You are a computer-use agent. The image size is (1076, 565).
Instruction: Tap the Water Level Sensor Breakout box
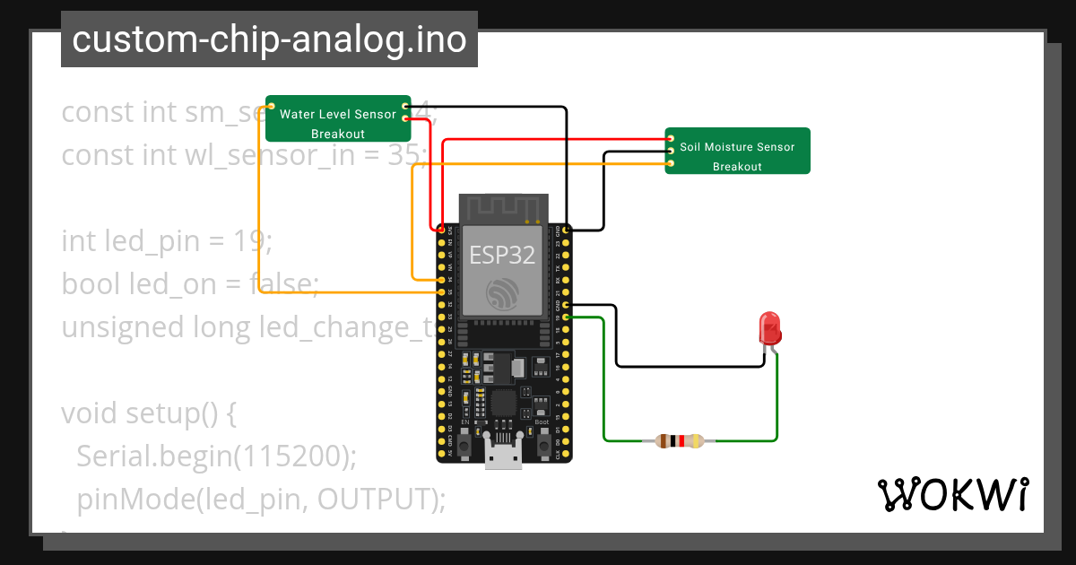tap(338, 118)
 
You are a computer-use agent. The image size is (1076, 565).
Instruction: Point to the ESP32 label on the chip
tap(502, 255)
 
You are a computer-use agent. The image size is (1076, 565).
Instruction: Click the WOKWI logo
tap(951, 494)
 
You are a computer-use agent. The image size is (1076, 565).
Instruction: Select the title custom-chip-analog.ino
tap(269, 39)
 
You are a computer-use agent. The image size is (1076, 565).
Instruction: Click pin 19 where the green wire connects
tap(567, 317)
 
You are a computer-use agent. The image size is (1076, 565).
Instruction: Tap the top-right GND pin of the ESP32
tap(567, 230)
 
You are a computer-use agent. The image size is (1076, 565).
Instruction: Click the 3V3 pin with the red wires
tap(441, 230)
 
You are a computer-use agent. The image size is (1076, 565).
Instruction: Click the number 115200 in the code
tap(288, 456)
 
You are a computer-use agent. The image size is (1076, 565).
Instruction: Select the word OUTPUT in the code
tap(376, 499)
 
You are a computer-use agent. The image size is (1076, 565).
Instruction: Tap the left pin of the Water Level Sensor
tap(271, 106)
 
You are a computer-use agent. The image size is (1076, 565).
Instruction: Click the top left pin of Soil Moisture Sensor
tap(671, 138)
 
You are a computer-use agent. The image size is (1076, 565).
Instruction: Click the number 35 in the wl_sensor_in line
tap(404, 155)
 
